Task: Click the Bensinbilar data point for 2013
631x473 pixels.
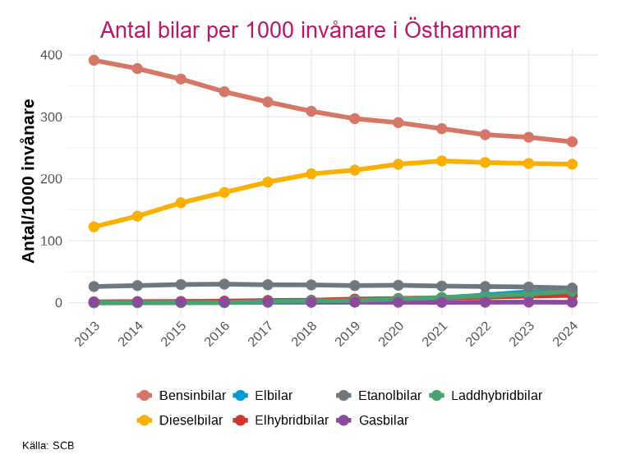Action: (x=94, y=60)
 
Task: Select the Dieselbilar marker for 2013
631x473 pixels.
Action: (x=94, y=227)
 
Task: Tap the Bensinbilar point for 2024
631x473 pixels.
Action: (x=572, y=142)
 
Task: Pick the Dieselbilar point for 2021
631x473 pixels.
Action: (x=441, y=161)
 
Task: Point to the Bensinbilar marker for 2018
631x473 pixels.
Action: (x=311, y=111)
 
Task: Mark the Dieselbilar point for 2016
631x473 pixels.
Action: (x=224, y=192)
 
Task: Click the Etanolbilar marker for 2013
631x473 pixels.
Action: (x=94, y=287)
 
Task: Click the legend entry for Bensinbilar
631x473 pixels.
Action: (x=181, y=396)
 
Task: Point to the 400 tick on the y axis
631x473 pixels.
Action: (x=51, y=55)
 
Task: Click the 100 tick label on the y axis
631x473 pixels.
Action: (x=51, y=241)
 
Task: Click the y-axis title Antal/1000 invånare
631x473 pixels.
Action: (x=29, y=181)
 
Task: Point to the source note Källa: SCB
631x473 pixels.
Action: (x=48, y=446)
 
